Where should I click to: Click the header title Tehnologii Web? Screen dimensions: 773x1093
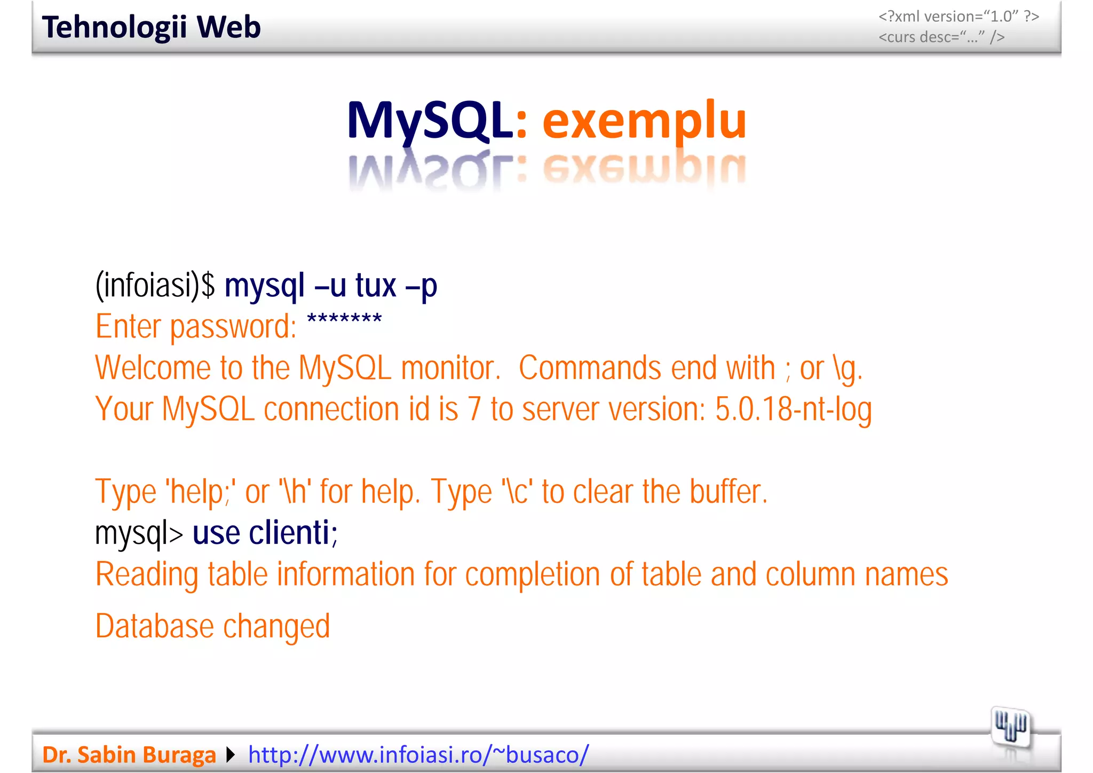pos(151,28)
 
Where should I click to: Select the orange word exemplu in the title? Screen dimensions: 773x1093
pos(644,122)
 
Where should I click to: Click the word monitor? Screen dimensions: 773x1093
pos(450,368)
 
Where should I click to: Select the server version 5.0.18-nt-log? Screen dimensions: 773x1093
pos(793,409)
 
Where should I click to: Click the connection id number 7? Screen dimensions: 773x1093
pos(474,409)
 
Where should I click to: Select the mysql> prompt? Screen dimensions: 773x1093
pos(139,533)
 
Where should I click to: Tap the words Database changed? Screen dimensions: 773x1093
pos(212,626)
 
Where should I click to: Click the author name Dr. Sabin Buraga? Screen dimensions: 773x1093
pos(129,755)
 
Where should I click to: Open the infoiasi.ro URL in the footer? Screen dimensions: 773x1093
pos(418,755)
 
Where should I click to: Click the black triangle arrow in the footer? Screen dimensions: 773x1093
pos(231,755)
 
